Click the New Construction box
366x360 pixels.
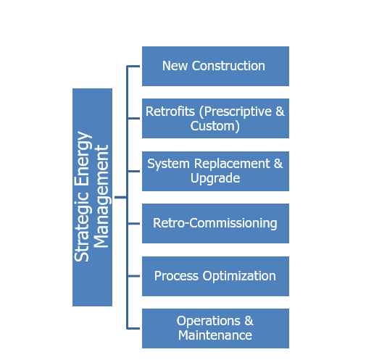click(215, 66)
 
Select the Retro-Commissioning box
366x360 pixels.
click(215, 223)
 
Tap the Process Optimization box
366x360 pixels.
click(215, 276)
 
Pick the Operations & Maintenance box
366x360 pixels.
click(215, 328)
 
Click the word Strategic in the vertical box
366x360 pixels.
click(82, 226)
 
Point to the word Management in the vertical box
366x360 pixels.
click(101, 196)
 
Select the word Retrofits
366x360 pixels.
click(170, 112)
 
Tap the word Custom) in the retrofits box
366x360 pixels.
click(215, 126)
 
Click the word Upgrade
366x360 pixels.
click(215, 179)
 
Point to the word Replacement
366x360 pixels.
click(232, 164)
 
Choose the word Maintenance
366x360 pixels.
click(215, 335)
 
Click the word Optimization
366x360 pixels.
click(239, 276)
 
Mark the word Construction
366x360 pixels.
click(228, 66)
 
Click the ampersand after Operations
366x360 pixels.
click(249, 321)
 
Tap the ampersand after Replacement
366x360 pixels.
click(278, 164)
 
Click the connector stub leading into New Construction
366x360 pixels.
click(133, 66)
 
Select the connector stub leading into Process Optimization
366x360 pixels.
click(133, 276)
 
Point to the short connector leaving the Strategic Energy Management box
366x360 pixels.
click(120, 197)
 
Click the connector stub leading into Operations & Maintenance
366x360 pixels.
click(133, 328)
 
